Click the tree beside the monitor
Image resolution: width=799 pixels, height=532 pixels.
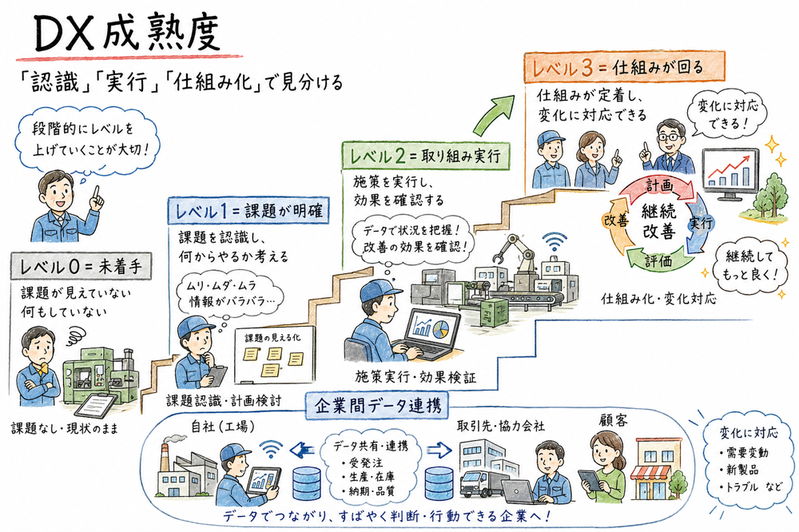(x=766, y=185)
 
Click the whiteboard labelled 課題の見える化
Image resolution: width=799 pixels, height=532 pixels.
(x=273, y=357)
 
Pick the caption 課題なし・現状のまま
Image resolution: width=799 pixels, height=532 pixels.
(x=65, y=429)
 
